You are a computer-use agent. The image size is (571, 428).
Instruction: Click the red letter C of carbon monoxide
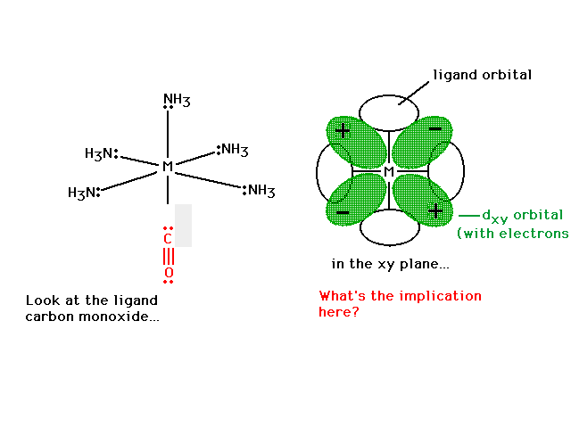pyautogui.click(x=168, y=239)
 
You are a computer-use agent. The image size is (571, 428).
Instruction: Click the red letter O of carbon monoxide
pyautogui.click(x=169, y=273)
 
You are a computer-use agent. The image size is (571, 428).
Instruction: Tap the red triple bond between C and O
pyautogui.click(x=169, y=256)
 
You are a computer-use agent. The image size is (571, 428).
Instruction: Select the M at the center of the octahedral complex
pyautogui.click(x=168, y=167)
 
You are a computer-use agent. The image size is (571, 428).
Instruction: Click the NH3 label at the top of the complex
pyautogui.click(x=177, y=100)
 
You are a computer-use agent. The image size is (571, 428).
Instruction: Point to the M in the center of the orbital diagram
pyautogui.click(x=389, y=171)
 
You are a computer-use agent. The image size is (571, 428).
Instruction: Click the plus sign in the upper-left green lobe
pyautogui.click(x=343, y=131)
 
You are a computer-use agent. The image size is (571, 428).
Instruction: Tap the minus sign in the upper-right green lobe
pyautogui.click(x=435, y=128)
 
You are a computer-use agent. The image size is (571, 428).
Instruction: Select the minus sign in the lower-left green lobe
pyautogui.click(x=343, y=212)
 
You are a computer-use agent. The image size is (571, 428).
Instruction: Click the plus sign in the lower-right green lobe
pyautogui.click(x=435, y=211)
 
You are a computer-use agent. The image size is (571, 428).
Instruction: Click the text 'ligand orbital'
pyautogui.click(x=483, y=75)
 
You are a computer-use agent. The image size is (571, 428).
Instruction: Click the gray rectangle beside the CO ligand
pyautogui.click(x=183, y=226)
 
